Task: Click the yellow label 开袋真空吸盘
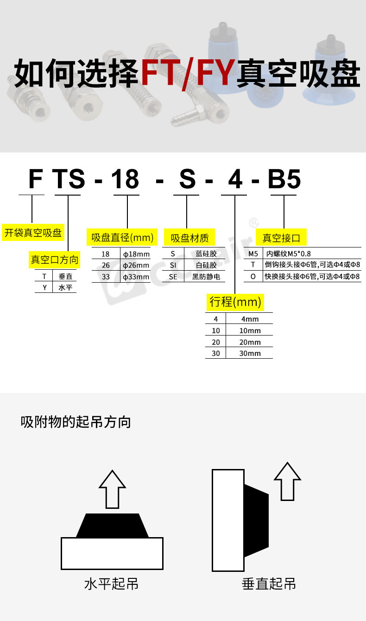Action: pos(33,233)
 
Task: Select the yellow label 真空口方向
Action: pos(55,260)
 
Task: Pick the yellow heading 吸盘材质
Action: pos(190,238)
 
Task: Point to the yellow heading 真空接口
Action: pos(282,238)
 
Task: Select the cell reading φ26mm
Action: pos(136,266)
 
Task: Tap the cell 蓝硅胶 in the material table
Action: pos(206,254)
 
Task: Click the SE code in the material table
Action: pos(173,277)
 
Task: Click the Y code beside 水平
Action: pos(44,287)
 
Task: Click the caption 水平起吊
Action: pos(111,583)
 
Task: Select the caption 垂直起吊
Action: pos(269,583)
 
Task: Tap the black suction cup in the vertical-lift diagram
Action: pos(256,520)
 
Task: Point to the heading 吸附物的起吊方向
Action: pos(76,422)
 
